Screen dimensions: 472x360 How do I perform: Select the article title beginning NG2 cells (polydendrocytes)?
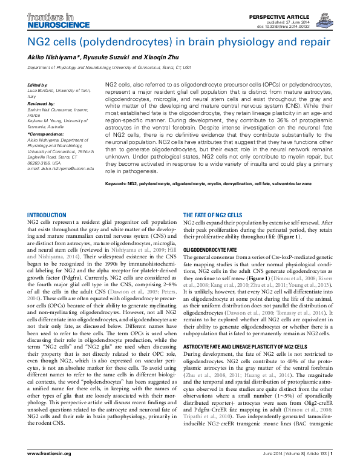click(x=178, y=42)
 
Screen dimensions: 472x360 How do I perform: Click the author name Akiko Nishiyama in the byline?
click(x=51, y=57)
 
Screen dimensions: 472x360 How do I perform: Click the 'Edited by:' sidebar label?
click(x=38, y=84)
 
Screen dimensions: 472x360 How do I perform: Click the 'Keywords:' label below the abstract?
click(x=117, y=183)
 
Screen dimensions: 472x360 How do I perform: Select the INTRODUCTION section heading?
click(x=47, y=215)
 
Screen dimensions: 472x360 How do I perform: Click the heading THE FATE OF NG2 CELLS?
click(x=212, y=215)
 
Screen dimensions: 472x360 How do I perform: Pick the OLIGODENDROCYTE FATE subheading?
click(x=211, y=249)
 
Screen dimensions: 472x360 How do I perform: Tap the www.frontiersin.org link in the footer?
click(x=50, y=454)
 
